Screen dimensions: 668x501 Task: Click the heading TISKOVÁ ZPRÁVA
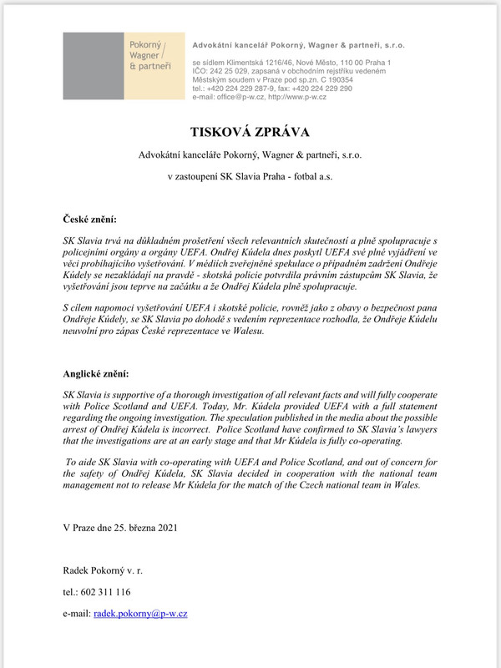(x=250, y=131)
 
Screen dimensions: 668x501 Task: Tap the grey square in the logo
(x=93, y=66)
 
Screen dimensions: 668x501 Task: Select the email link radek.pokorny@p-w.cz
(x=140, y=614)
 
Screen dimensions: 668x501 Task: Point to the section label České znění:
(x=96, y=219)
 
